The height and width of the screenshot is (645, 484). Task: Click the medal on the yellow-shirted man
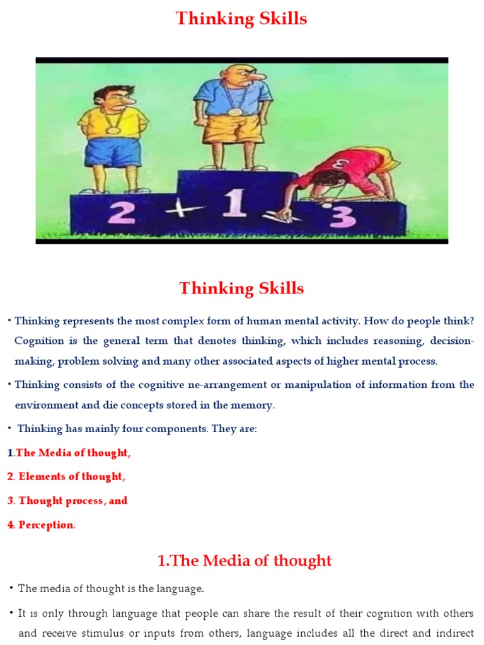tap(113, 130)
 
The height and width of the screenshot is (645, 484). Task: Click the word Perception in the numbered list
tap(46, 525)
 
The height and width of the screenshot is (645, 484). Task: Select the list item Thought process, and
tap(73, 501)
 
